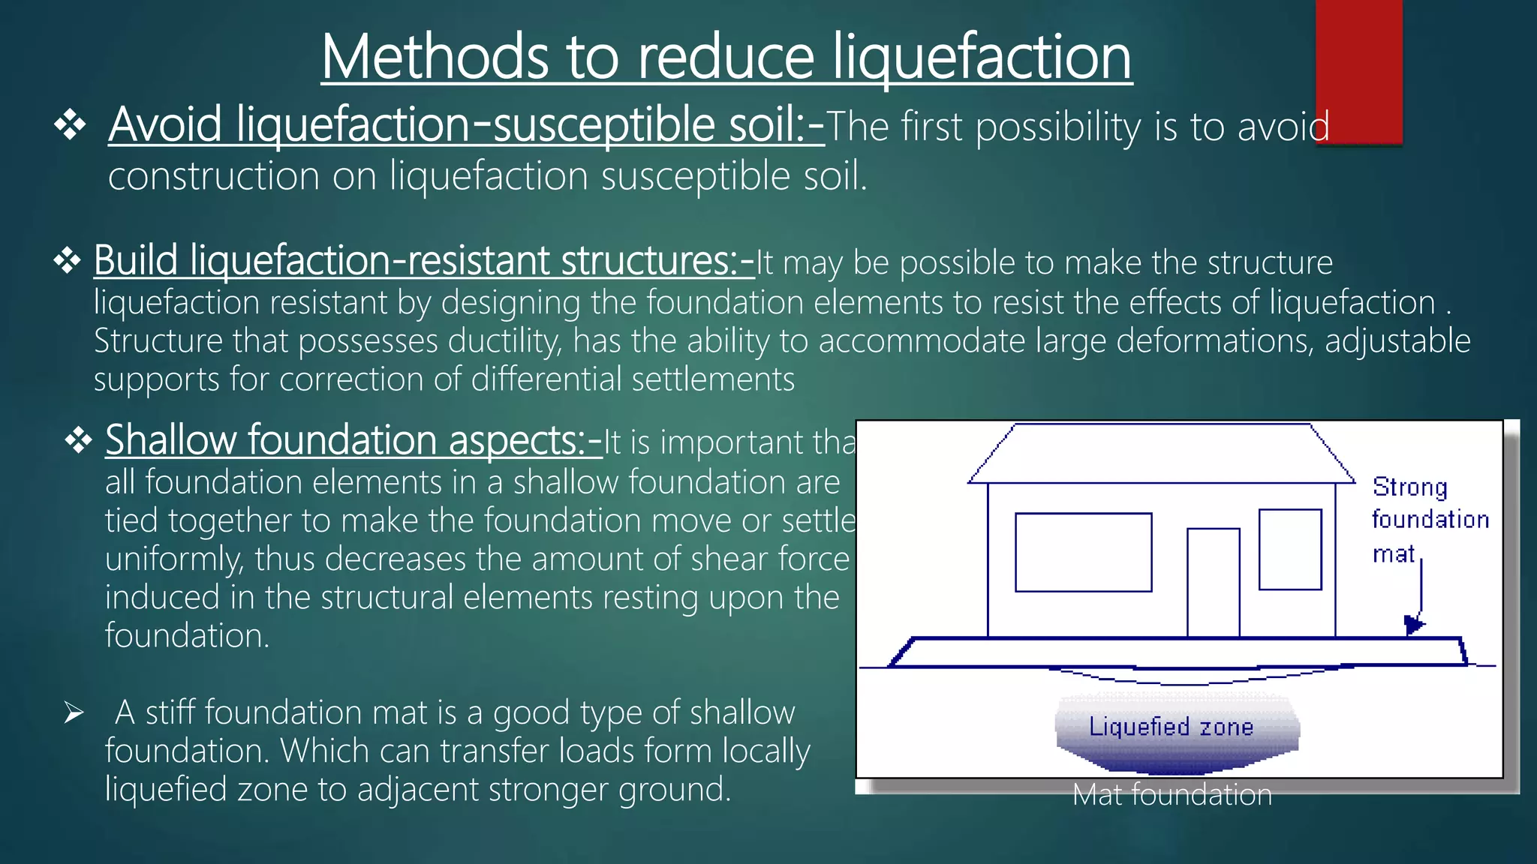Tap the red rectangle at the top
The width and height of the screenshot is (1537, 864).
(x=1358, y=71)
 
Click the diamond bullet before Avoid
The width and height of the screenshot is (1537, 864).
(x=70, y=125)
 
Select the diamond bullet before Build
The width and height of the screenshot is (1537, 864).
(x=68, y=262)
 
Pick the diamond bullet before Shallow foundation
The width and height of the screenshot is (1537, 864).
(x=79, y=441)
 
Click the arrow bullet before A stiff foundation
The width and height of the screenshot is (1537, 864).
(x=74, y=712)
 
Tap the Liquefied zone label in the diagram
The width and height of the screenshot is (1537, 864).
(x=1171, y=727)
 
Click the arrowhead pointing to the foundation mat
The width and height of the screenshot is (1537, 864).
(x=1413, y=624)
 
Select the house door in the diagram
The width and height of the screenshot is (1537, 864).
(x=1213, y=582)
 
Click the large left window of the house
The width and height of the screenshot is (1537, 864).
(x=1083, y=552)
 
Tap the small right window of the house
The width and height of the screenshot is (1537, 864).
(x=1289, y=549)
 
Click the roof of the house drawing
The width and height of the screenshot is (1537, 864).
(x=1161, y=454)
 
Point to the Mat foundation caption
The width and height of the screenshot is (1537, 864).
(x=1172, y=795)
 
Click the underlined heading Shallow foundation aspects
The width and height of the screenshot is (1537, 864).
(x=353, y=440)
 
